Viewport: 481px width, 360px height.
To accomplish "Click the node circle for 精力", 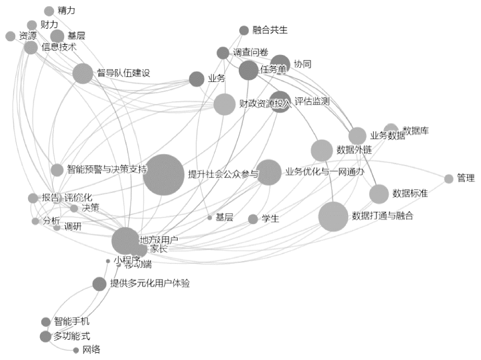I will click(49, 11).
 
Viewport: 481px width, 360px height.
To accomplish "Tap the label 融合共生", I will click(270, 30).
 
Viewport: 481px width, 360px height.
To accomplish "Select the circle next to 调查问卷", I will click(223, 52).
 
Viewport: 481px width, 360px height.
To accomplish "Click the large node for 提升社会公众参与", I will click(163, 174).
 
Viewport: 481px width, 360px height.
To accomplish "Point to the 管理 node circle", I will click(448, 178).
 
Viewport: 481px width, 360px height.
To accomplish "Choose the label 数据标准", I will click(410, 193).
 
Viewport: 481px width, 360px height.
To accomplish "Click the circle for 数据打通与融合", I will click(333, 217).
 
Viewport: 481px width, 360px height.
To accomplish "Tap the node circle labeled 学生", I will click(253, 219).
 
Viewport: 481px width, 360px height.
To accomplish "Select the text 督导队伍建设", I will click(124, 73).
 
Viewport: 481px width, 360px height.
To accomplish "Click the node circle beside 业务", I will click(196, 79).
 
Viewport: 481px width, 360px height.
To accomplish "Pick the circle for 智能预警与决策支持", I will click(57, 170).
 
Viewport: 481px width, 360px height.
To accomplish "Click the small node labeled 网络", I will click(76, 350).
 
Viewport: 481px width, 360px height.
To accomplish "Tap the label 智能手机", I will click(72, 321).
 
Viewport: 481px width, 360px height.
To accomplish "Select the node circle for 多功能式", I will click(46, 337).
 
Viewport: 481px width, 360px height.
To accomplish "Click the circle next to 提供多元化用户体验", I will click(99, 284).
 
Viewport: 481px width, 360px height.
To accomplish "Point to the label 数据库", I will click(415, 131).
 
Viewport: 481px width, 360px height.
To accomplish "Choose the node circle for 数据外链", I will click(322, 150).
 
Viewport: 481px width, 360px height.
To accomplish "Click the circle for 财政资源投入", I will click(224, 104).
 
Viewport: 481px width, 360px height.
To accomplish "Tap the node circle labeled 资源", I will click(10, 36).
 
